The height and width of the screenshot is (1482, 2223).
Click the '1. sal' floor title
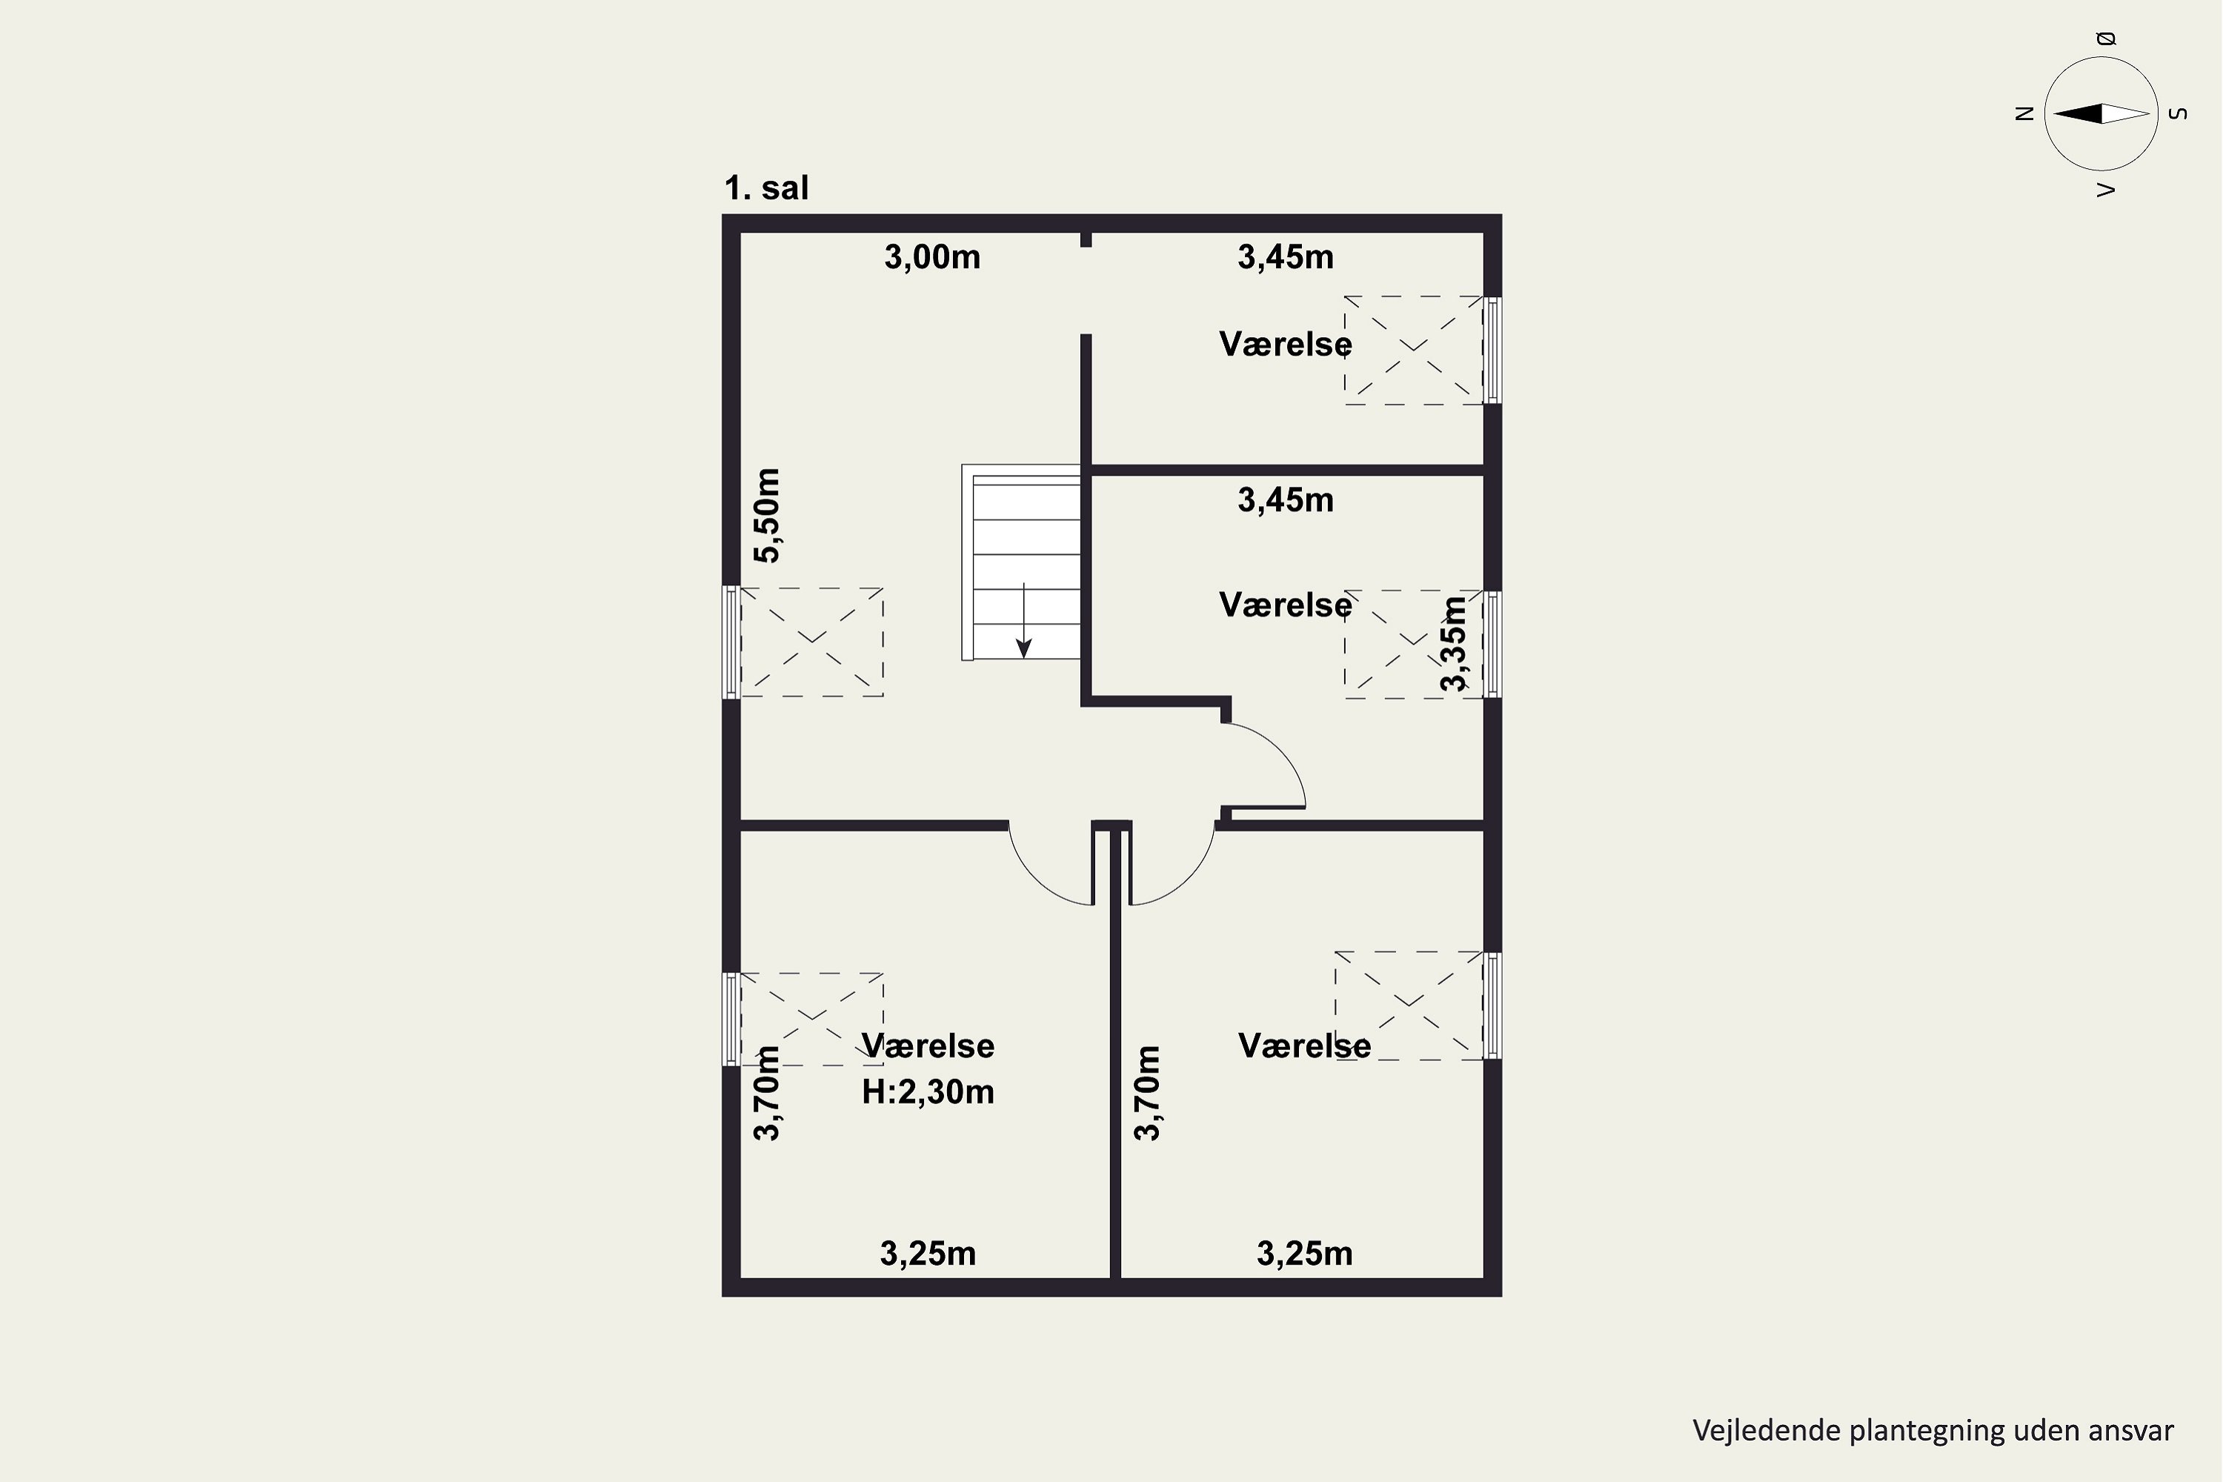(x=766, y=188)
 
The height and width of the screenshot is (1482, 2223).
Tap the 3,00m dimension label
(x=932, y=257)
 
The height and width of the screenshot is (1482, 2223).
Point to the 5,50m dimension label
(x=768, y=515)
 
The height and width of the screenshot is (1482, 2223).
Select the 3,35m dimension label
(x=1454, y=642)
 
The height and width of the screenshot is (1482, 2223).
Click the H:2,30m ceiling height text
(x=928, y=1092)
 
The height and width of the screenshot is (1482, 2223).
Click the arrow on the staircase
(x=1023, y=620)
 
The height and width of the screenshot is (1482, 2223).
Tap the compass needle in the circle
(x=2101, y=113)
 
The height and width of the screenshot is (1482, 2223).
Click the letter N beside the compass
(x=2024, y=113)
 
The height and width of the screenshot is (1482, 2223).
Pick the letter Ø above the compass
(x=2106, y=39)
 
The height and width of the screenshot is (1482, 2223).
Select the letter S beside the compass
(x=2179, y=113)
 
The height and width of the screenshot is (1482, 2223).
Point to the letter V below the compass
(x=2106, y=190)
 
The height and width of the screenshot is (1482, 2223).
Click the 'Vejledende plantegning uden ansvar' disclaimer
(x=1933, y=1430)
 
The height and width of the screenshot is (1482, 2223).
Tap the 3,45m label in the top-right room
(x=1286, y=257)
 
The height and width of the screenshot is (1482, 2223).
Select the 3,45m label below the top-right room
(x=1286, y=500)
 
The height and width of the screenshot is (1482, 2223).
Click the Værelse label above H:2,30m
(x=928, y=1046)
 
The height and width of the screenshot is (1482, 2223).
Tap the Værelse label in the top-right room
(x=1286, y=344)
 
